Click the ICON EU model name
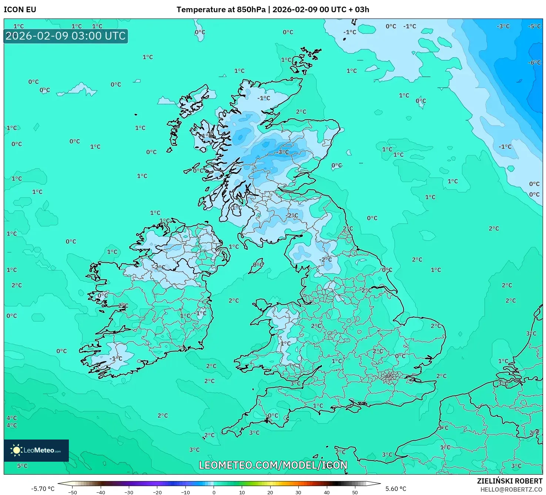(x=20, y=10)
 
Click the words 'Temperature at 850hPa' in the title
(x=221, y=10)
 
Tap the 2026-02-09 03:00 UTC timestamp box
(x=66, y=36)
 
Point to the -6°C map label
(x=534, y=63)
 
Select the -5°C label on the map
(x=534, y=27)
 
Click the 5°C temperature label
(x=22, y=466)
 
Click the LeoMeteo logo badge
(x=36, y=450)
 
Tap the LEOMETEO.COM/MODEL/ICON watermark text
(x=273, y=465)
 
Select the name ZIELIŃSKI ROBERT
(x=509, y=481)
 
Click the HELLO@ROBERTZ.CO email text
(x=511, y=489)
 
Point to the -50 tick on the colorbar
(x=73, y=492)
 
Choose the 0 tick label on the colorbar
(x=214, y=492)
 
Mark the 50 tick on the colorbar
(x=355, y=492)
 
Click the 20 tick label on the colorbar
(x=270, y=492)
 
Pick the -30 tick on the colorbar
(x=129, y=492)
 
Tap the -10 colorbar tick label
(x=185, y=492)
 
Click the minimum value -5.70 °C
(x=43, y=489)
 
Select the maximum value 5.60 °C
(x=396, y=489)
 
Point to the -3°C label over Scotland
(x=283, y=152)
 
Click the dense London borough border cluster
(x=389, y=377)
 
